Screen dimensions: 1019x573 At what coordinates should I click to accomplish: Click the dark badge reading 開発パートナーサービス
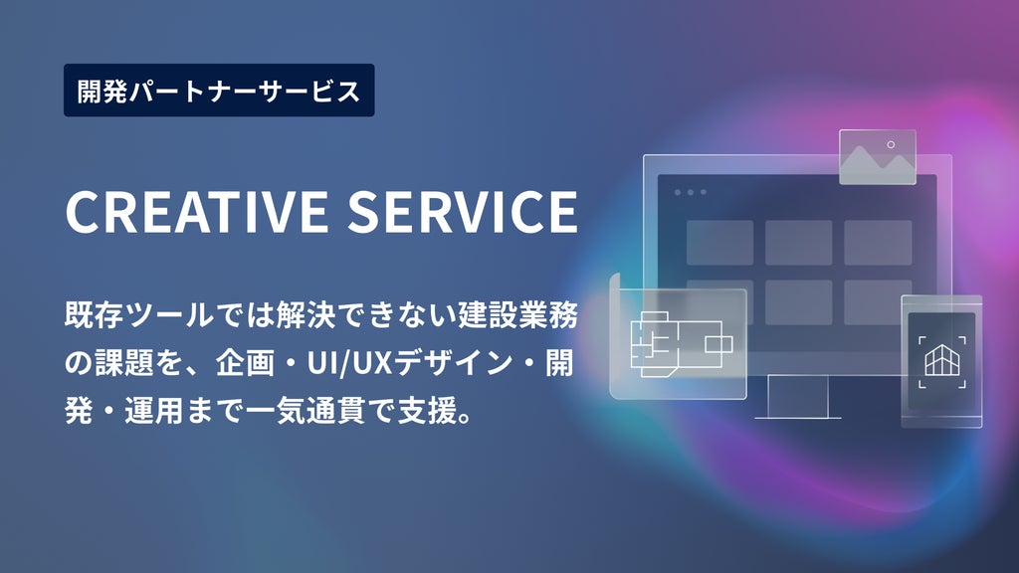coord(219,91)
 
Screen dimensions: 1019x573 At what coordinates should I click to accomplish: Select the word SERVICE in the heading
coord(463,211)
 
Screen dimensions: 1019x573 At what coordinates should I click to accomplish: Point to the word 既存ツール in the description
coord(139,315)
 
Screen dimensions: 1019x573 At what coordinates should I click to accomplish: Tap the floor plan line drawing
coord(681,344)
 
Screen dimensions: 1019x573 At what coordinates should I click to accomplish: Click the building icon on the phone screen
coord(941,361)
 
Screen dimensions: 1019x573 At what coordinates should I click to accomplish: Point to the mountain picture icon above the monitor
coord(878,157)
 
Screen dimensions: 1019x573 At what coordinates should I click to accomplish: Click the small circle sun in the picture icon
coord(891,144)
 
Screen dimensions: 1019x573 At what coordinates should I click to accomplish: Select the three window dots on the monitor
coord(691,192)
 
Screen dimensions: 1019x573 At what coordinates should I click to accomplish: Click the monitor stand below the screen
coord(798,397)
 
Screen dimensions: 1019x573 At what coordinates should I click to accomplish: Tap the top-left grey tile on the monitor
coord(720,243)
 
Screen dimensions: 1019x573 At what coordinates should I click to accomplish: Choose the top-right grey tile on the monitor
coord(878,243)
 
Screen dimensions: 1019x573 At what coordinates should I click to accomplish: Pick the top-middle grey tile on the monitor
coord(799,243)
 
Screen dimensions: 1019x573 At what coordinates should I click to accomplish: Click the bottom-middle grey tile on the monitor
coord(799,302)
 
